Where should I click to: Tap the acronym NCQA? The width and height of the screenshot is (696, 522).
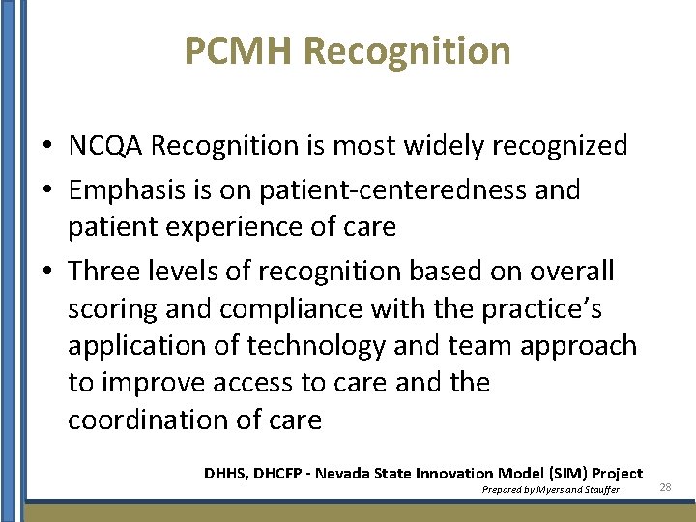pyautogui.click(x=105, y=146)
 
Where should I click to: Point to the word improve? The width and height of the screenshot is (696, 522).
pyautogui.click(x=156, y=383)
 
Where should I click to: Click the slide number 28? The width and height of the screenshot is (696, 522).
pyautogui.click(x=665, y=487)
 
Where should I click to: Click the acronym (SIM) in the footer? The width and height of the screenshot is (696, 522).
pyautogui.click(x=568, y=473)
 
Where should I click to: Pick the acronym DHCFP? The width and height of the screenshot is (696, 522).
pyautogui.click(x=281, y=473)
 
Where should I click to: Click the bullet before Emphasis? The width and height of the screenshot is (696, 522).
pyautogui.click(x=46, y=190)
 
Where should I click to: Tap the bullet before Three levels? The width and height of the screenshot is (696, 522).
pyautogui.click(x=46, y=273)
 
